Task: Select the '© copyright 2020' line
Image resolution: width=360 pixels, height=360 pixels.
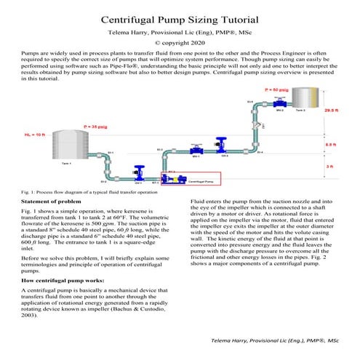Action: click(180, 44)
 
